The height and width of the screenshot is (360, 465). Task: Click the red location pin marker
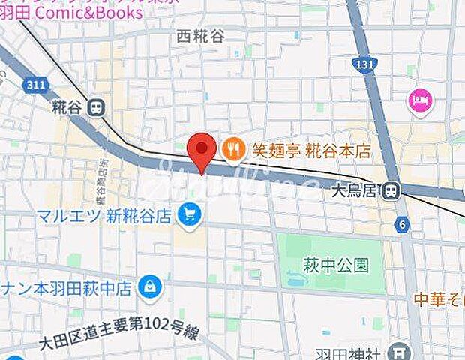pos(201,151)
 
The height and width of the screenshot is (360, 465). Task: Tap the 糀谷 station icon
pos(95,108)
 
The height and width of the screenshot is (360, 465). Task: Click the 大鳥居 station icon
pos(389,193)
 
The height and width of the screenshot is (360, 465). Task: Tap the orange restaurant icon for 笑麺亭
pos(234,150)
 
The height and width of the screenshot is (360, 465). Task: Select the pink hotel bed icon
pos(418,100)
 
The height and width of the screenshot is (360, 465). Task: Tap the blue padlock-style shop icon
pos(151,286)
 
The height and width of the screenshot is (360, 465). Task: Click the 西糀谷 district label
pos(200,35)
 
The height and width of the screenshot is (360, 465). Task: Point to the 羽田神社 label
pos(356,351)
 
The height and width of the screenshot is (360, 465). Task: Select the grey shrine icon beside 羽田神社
pos(402,350)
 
